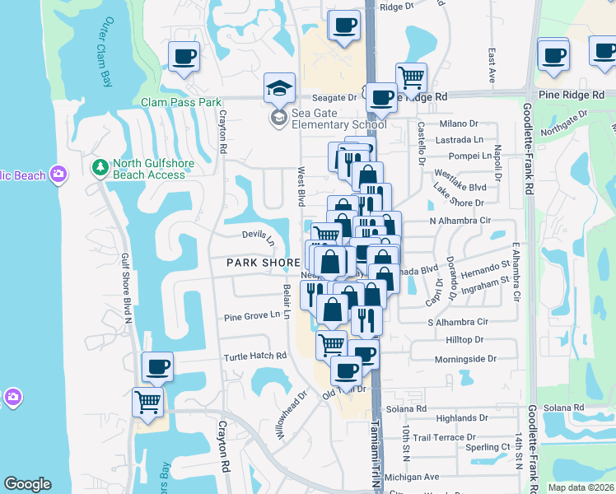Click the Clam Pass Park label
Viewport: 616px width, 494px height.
[182, 103]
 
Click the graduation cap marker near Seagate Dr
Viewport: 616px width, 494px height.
[279, 87]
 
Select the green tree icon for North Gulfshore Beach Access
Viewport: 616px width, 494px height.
[100, 168]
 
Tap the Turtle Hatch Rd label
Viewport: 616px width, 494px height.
[255, 357]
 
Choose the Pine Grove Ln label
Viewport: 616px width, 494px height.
[254, 317]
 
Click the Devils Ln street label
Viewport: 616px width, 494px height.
[258, 237]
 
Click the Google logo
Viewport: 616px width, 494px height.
[27, 484]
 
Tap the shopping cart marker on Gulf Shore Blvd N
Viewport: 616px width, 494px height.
[147, 403]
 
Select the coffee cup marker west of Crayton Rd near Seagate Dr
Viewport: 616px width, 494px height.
[184, 57]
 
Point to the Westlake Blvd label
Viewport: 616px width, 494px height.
[460, 187]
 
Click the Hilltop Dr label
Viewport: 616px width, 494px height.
[465, 339]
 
